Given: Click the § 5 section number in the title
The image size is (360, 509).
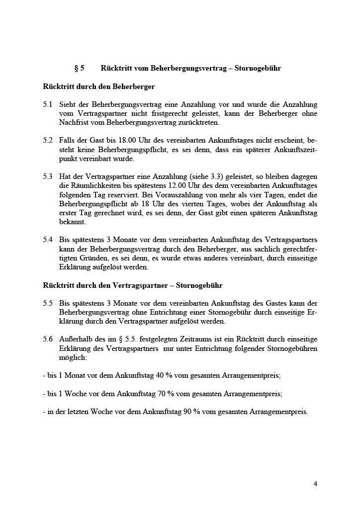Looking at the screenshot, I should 79,68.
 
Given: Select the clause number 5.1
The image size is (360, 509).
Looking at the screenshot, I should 48,104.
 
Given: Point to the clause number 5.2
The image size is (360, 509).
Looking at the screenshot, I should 48,141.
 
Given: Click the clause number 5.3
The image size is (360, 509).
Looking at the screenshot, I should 48,177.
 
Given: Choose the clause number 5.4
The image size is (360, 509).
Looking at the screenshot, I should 48,240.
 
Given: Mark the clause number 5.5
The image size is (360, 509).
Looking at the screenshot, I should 48,303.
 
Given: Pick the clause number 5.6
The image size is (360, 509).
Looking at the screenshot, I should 48,339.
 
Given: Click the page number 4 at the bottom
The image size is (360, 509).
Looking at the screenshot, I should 315,484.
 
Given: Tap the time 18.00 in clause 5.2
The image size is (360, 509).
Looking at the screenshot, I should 115,141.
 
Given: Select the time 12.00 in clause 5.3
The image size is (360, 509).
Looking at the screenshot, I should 167,186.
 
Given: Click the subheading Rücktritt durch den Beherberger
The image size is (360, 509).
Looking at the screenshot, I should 99,86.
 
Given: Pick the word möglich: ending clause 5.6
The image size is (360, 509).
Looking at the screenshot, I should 73,357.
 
